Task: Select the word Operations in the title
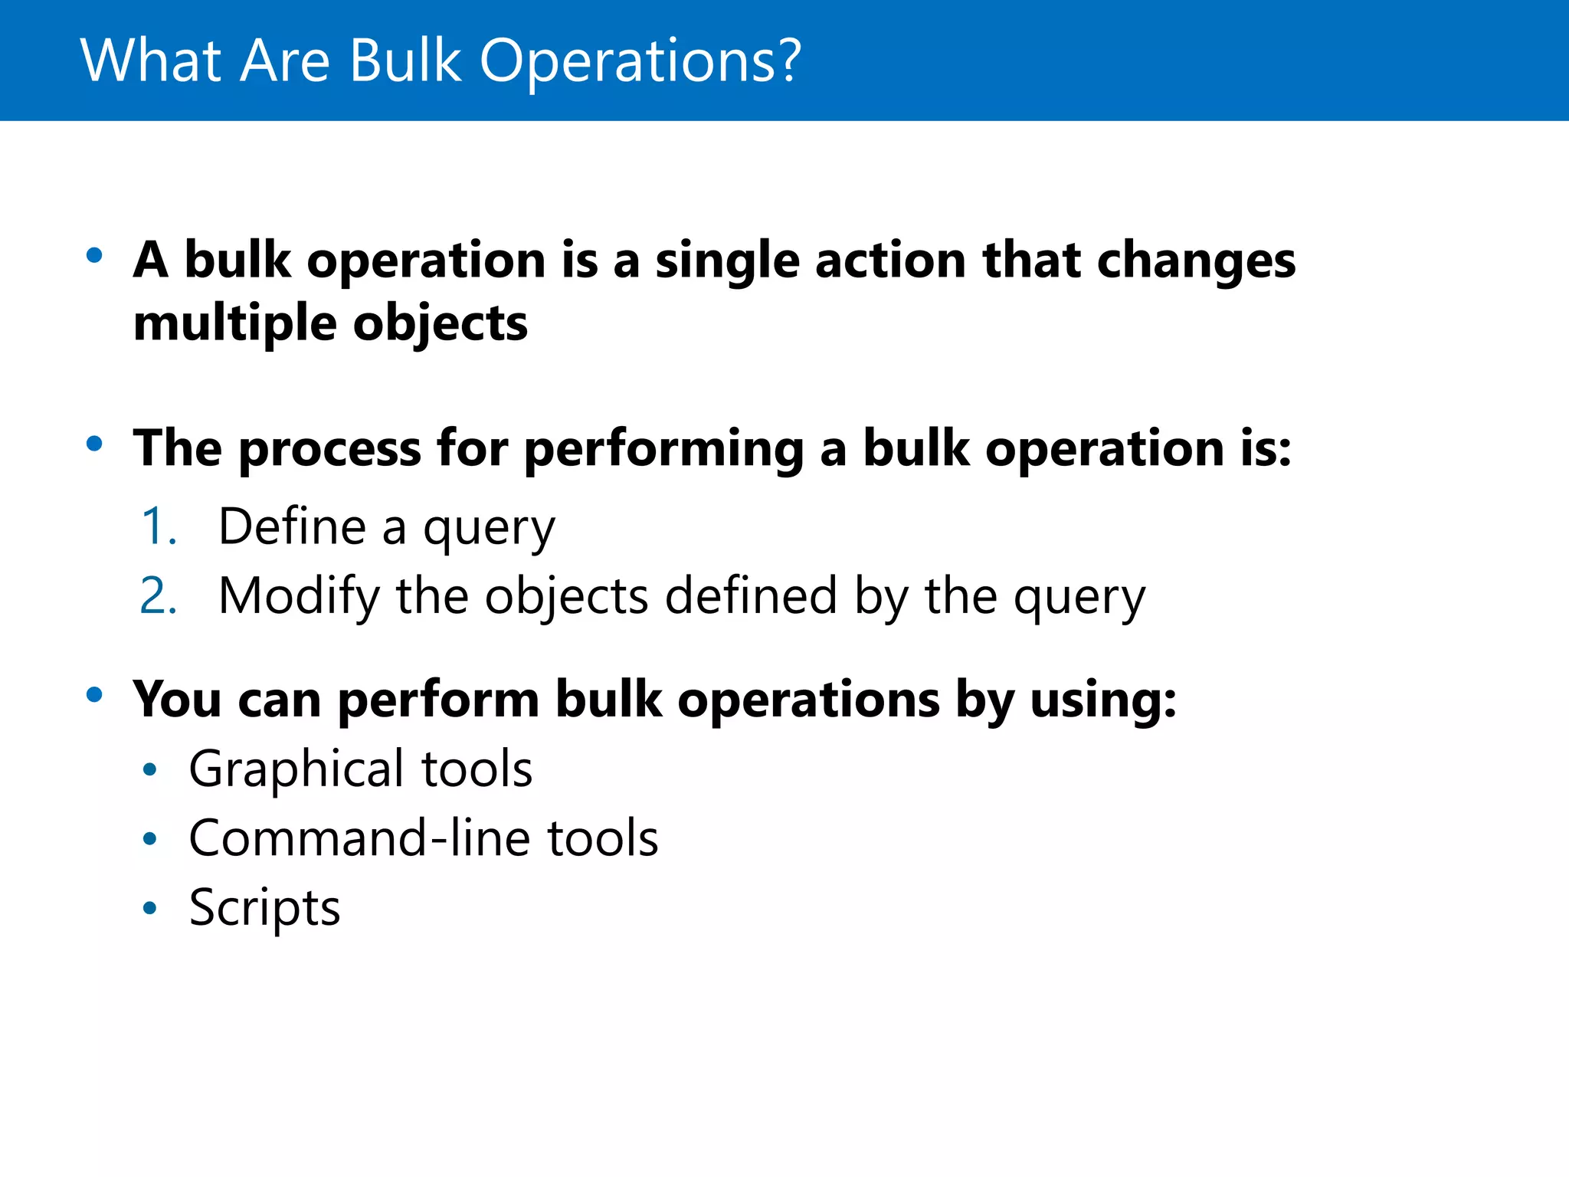coord(627,61)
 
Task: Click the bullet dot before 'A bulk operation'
coord(94,255)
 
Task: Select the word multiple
coord(234,323)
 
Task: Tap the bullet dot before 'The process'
coord(94,443)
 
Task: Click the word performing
coord(663,449)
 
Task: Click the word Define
coord(292,527)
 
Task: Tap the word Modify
coord(298,596)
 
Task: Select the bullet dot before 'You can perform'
coord(94,694)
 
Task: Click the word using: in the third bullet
coord(1102,700)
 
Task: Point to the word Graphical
coord(296,769)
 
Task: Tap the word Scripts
coord(264,908)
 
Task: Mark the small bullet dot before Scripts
coord(150,909)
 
